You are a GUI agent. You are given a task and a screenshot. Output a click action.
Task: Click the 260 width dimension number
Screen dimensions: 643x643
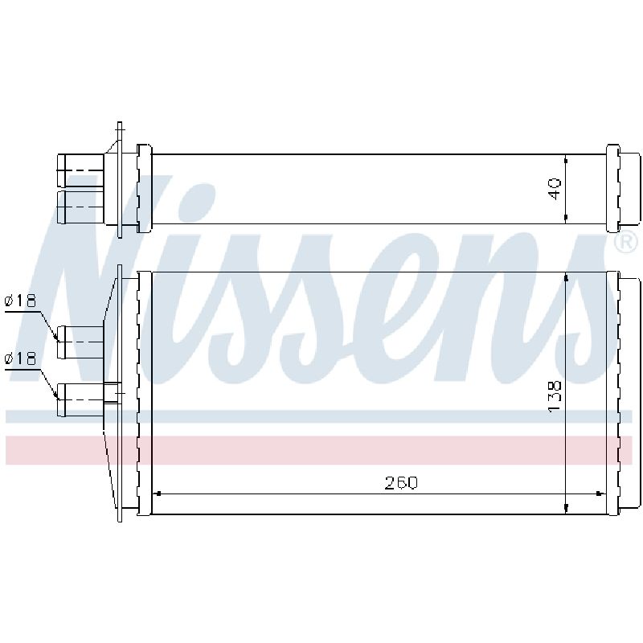(x=400, y=483)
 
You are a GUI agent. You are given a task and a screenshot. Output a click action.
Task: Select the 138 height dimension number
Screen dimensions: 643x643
(x=555, y=396)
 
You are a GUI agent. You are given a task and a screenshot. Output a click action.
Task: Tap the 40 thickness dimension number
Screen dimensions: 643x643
(x=555, y=189)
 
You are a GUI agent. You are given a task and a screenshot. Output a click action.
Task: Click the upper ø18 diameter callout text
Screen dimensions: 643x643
(x=20, y=301)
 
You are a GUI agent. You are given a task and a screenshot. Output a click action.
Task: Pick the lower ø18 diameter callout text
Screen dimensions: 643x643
(x=20, y=358)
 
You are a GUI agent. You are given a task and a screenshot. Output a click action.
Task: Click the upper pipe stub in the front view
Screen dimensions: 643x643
(x=80, y=342)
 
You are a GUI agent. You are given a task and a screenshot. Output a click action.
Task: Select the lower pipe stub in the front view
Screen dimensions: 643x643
(x=80, y=399)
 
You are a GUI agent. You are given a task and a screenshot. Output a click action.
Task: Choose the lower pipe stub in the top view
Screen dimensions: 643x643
(x=80, y=207)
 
